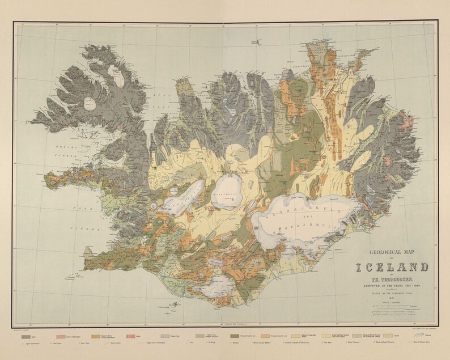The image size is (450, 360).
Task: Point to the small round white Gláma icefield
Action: [x=90, y=103]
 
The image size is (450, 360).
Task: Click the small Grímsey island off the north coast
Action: [x=258, y=41]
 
